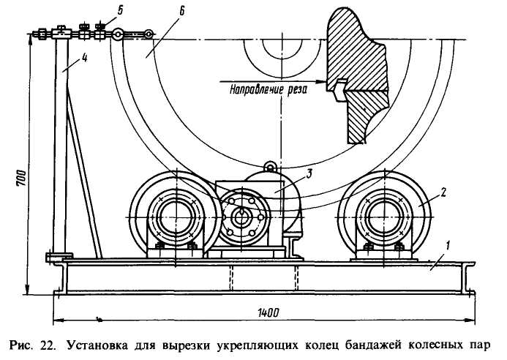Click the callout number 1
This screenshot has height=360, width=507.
(448, 246)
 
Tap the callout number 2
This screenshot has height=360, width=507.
(443, 192)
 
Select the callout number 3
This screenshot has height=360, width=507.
(309, 174)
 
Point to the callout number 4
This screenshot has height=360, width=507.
(84, 59)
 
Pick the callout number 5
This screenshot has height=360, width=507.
(120, 10)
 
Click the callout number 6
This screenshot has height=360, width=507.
(181, 11)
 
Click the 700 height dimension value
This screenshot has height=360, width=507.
(20, 177)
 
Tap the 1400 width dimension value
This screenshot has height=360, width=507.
(268, 312)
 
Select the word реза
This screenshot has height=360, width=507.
(297, 89)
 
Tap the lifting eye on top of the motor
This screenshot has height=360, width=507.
(269, 167)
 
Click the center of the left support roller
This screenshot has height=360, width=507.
(175, 217)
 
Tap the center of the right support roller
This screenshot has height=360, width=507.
(384, 217)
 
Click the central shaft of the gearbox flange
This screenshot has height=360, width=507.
(241, 217)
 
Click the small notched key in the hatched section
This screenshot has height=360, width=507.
(339, 90)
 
